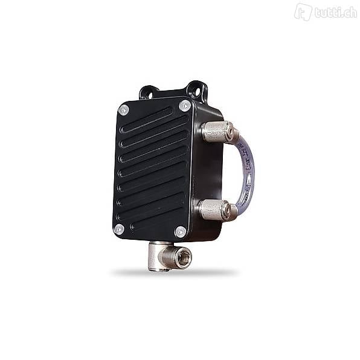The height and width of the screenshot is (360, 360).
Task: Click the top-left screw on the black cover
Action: (124, 110)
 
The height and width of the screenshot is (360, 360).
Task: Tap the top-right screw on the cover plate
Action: (185, 106)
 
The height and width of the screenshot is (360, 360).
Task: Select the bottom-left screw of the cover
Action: (119, 229)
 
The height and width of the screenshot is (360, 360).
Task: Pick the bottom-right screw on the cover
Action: (180, 231)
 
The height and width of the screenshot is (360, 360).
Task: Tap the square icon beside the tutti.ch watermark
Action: (303, 11)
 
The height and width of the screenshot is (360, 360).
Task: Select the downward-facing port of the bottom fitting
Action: (158, 266)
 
